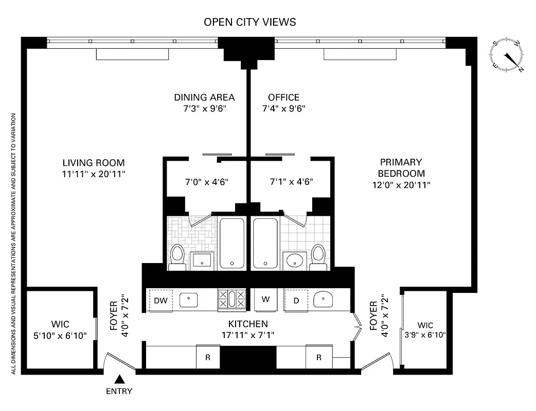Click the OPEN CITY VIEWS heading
(249, 22)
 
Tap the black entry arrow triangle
(119, 380)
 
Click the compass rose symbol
(508, 55)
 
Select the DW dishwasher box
(160, 300)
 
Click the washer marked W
(266, 300)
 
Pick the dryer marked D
(296, 300)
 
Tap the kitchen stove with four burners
(231, 300)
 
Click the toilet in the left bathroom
(177, 256)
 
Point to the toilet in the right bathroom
(318, 256)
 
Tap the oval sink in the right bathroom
(294, 260)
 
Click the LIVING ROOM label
(93, 162)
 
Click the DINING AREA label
(204, 97)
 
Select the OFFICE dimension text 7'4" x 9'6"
(283, 108)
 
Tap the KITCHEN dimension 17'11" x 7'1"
(248, 335)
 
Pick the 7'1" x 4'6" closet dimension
(291, 181)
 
